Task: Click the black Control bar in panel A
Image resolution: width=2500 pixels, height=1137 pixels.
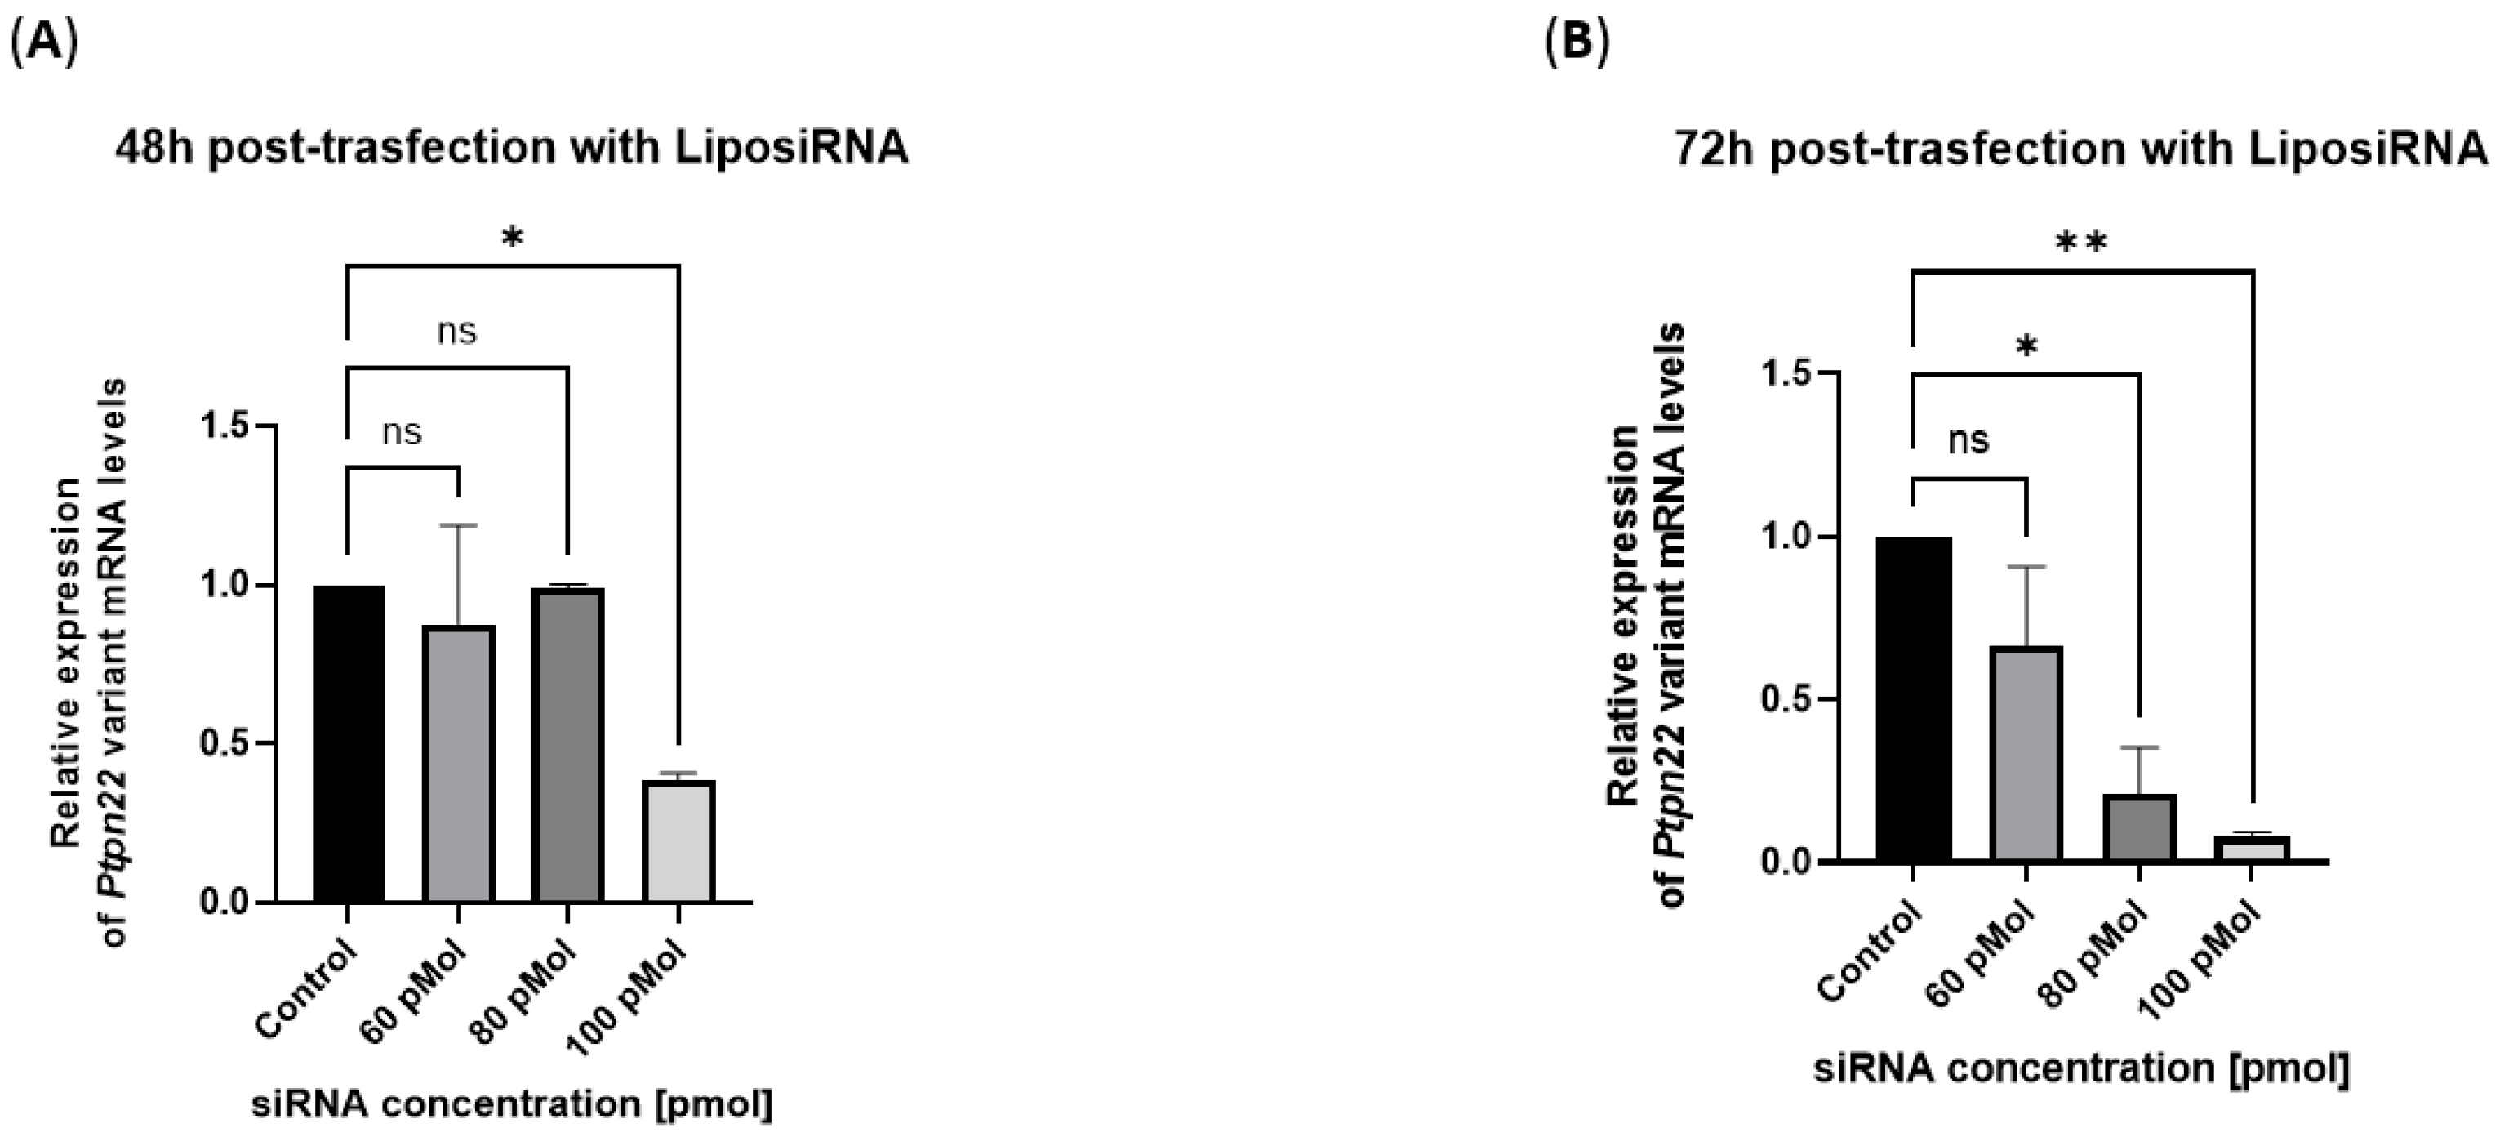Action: [x=349, y=744]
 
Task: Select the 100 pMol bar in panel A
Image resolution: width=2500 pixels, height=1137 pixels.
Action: [x=678, y=840]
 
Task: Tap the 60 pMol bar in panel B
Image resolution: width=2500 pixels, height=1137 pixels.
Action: [x=2026, y=753]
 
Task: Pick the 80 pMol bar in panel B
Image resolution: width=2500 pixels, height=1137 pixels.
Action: [x=2140, y=827]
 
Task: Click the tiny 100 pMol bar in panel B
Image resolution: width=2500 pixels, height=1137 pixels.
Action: [x=2252, y=849]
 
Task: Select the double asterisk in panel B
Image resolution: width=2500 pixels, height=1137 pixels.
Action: [x=2083, y=243]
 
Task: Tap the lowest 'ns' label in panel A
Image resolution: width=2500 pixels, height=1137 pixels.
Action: [x=402, y=432]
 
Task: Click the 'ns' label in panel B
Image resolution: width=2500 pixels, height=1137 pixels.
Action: [x=1969, y=441]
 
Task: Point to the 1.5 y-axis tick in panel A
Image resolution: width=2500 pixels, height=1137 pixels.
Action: [x=225, y=426]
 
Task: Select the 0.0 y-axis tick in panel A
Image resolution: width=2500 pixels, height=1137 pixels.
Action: [x=225, y=902]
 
